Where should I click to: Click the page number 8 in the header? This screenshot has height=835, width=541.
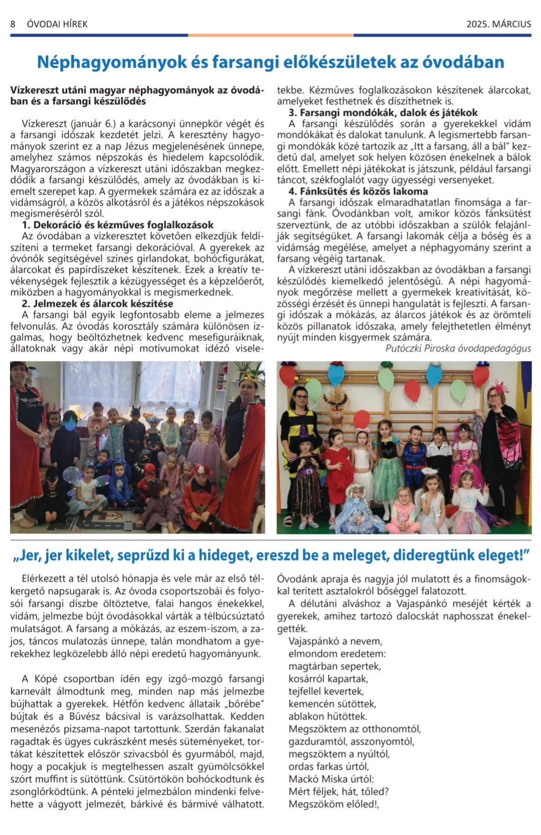click(13, 24)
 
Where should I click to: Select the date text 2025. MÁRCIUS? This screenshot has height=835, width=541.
click(498, 24)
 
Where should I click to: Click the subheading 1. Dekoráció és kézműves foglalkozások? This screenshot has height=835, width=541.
click(118, 225)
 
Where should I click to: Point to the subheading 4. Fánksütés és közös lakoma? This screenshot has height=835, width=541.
click(358, 191)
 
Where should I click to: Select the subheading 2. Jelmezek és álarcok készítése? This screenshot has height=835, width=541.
click(98, 304)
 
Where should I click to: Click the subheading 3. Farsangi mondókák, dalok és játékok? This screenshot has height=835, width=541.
click(383, 113)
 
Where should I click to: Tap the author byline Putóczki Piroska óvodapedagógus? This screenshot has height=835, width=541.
click(458, 348)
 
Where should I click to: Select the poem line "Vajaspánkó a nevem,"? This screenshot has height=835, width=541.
click(335, 641)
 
